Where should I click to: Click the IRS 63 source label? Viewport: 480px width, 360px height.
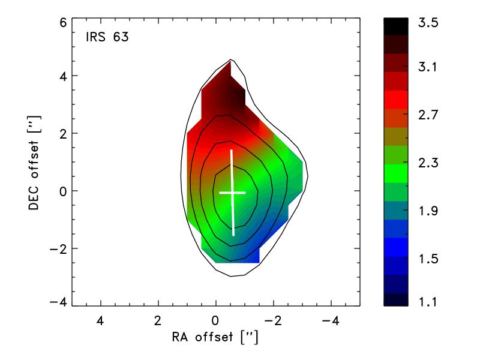coord(107,37)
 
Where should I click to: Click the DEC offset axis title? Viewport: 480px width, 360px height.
coord(34,163)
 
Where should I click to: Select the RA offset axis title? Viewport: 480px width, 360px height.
coord(215,337)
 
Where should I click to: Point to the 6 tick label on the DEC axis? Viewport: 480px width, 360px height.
coord(63,22)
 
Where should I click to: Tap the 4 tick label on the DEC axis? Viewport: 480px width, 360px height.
coord(63,76)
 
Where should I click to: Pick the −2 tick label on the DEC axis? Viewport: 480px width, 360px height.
coord(58,249)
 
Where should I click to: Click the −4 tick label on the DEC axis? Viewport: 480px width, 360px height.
coord(58,302)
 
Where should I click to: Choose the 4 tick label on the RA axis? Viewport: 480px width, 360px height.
coord(100,321)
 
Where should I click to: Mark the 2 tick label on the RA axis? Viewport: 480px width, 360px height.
coord(158,321)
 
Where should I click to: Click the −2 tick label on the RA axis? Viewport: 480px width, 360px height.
coord(273,321)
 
